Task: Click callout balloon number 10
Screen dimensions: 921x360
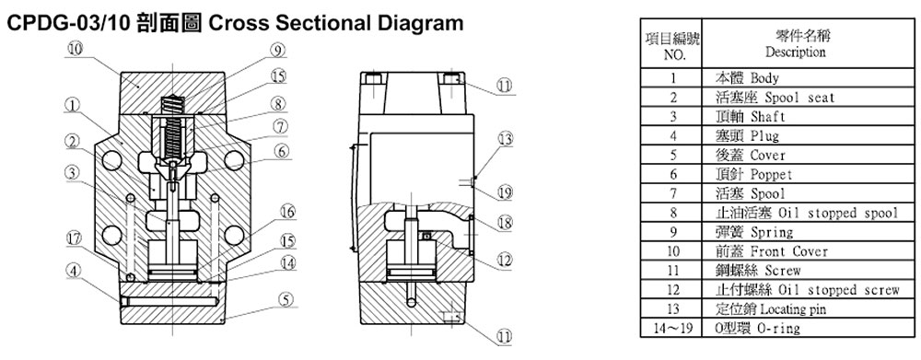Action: (x=75, y=49)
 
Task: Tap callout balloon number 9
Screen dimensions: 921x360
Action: (x=278, y=50)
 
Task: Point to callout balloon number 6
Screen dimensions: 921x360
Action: (x=281, y=151)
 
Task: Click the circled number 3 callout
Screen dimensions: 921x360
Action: (x=72, y=173)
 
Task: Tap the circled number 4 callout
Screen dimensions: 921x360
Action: (x=72, y=272)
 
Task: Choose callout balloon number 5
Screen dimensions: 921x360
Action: (x=285, y=299)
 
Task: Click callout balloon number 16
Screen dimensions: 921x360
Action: (x=287, y=211)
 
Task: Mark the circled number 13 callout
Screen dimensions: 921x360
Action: (x=505, y=139)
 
